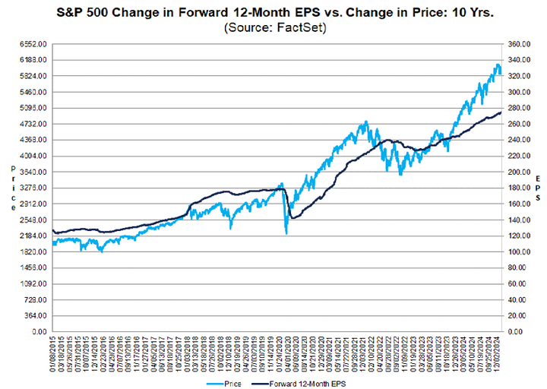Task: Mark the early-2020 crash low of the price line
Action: pos(286,232)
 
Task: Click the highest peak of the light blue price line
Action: pos(498,65)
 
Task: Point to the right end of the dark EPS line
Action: pos(501,112)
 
